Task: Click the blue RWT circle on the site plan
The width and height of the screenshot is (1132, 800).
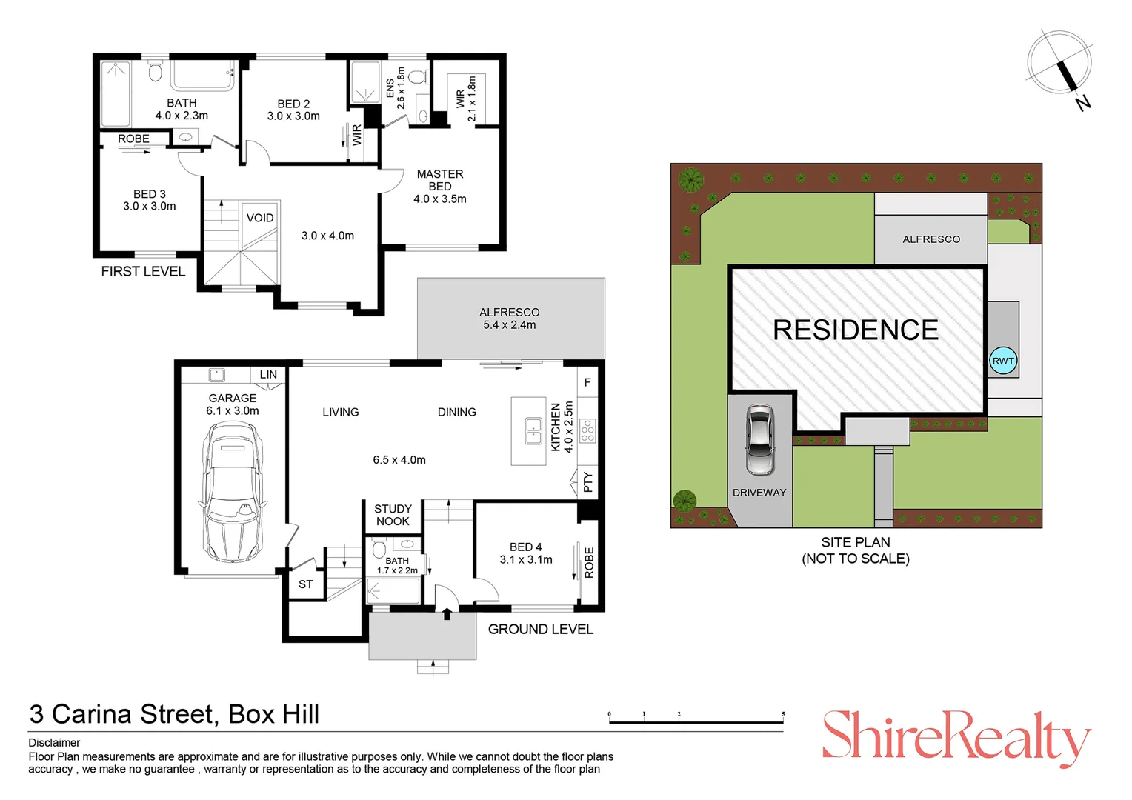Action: (1003, 361)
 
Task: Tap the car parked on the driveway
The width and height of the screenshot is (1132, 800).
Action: (759, 440)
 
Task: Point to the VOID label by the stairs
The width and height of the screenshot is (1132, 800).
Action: (260, 218)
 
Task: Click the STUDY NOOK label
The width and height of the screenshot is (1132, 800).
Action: (393, 515)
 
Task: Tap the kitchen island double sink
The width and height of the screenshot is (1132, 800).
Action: (533, 430)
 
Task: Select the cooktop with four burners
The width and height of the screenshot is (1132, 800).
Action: (587, 430)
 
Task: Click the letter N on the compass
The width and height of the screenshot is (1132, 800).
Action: (1083, 103)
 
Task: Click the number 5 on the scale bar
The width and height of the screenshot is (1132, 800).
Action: (783, 714)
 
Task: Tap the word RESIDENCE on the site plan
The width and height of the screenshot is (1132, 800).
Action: (856, 330)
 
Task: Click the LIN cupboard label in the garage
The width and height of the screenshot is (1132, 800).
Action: (268, 375)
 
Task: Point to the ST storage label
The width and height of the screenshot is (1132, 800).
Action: (305, 584)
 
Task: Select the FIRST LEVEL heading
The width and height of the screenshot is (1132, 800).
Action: (143, 271)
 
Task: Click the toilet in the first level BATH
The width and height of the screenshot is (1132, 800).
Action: (155, 71)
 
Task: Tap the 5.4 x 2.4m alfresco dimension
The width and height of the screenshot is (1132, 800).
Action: (510, 325)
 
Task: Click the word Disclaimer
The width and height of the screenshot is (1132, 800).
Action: (54, 742)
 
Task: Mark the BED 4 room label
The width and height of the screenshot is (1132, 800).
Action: (525, 547)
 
